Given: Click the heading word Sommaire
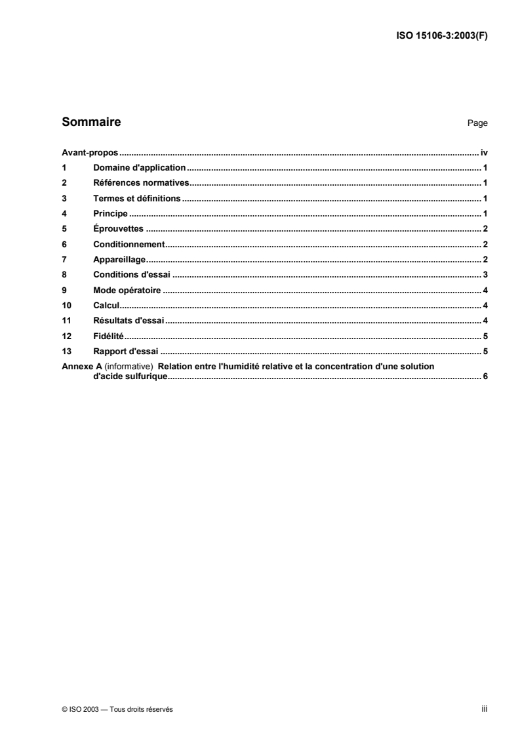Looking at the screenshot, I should (91, 122).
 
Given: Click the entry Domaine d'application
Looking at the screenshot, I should (140, 168).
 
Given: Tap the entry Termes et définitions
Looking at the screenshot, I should (137, 198).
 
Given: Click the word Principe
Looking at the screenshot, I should (110, 214).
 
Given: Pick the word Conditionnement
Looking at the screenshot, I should (128, 244).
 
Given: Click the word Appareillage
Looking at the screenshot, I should (119, 260).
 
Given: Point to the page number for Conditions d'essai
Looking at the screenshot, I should (484, 275).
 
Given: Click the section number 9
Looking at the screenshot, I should (64, 290).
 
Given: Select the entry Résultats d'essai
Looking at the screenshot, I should (129, 321).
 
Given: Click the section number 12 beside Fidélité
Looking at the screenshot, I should (65, 336).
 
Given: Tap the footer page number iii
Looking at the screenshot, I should (483, 708).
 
